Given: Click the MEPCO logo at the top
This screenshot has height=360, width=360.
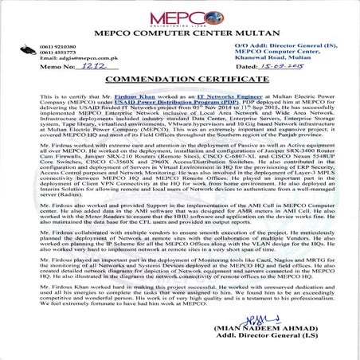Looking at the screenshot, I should click(180, 16).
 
